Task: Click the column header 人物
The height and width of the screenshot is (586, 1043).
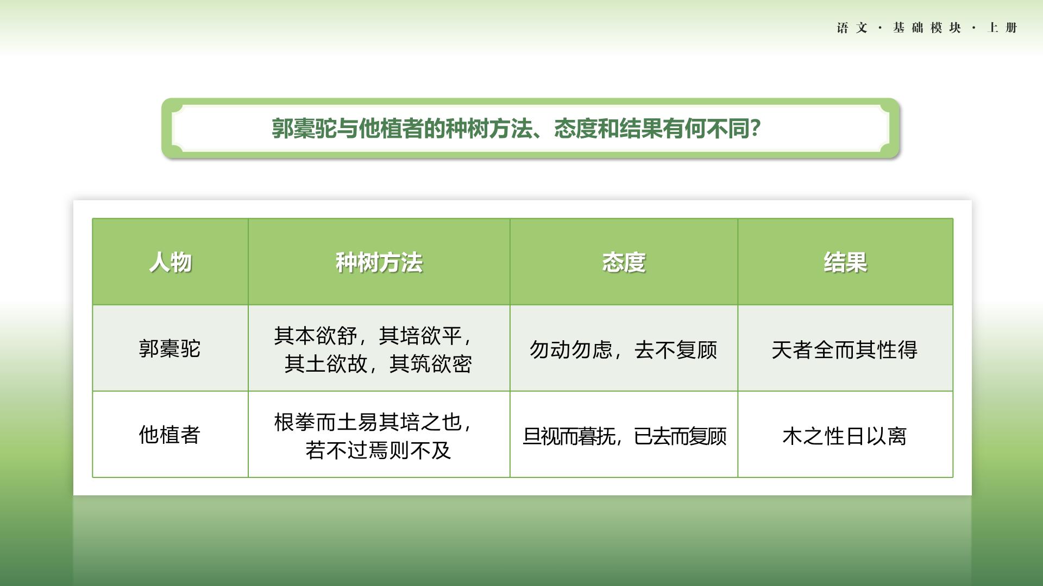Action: tap(170, 262)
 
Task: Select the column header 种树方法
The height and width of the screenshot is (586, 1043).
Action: tap(379, 262)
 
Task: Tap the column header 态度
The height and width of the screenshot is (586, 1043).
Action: tap(624, 262)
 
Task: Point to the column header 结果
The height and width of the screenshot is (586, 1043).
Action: tap(845, 262)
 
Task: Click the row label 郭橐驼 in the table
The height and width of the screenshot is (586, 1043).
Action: tap(170, 348)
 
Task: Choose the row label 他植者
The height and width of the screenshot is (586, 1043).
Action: tap(170, 435)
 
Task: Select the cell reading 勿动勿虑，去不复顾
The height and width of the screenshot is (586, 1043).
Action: tap(624, 350)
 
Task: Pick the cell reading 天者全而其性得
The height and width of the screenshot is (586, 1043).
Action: tap(845, 350)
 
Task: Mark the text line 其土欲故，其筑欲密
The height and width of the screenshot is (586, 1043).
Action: tap(378, 364)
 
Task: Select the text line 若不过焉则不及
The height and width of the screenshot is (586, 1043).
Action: tap(378, 450)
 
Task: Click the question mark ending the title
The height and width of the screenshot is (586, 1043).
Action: tap(755, 129)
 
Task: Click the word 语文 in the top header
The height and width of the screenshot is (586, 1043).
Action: tap(852, 28)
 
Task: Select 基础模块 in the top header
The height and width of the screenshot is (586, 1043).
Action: tap(927, 28)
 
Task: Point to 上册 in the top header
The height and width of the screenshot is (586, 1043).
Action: tap(1002, 28)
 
